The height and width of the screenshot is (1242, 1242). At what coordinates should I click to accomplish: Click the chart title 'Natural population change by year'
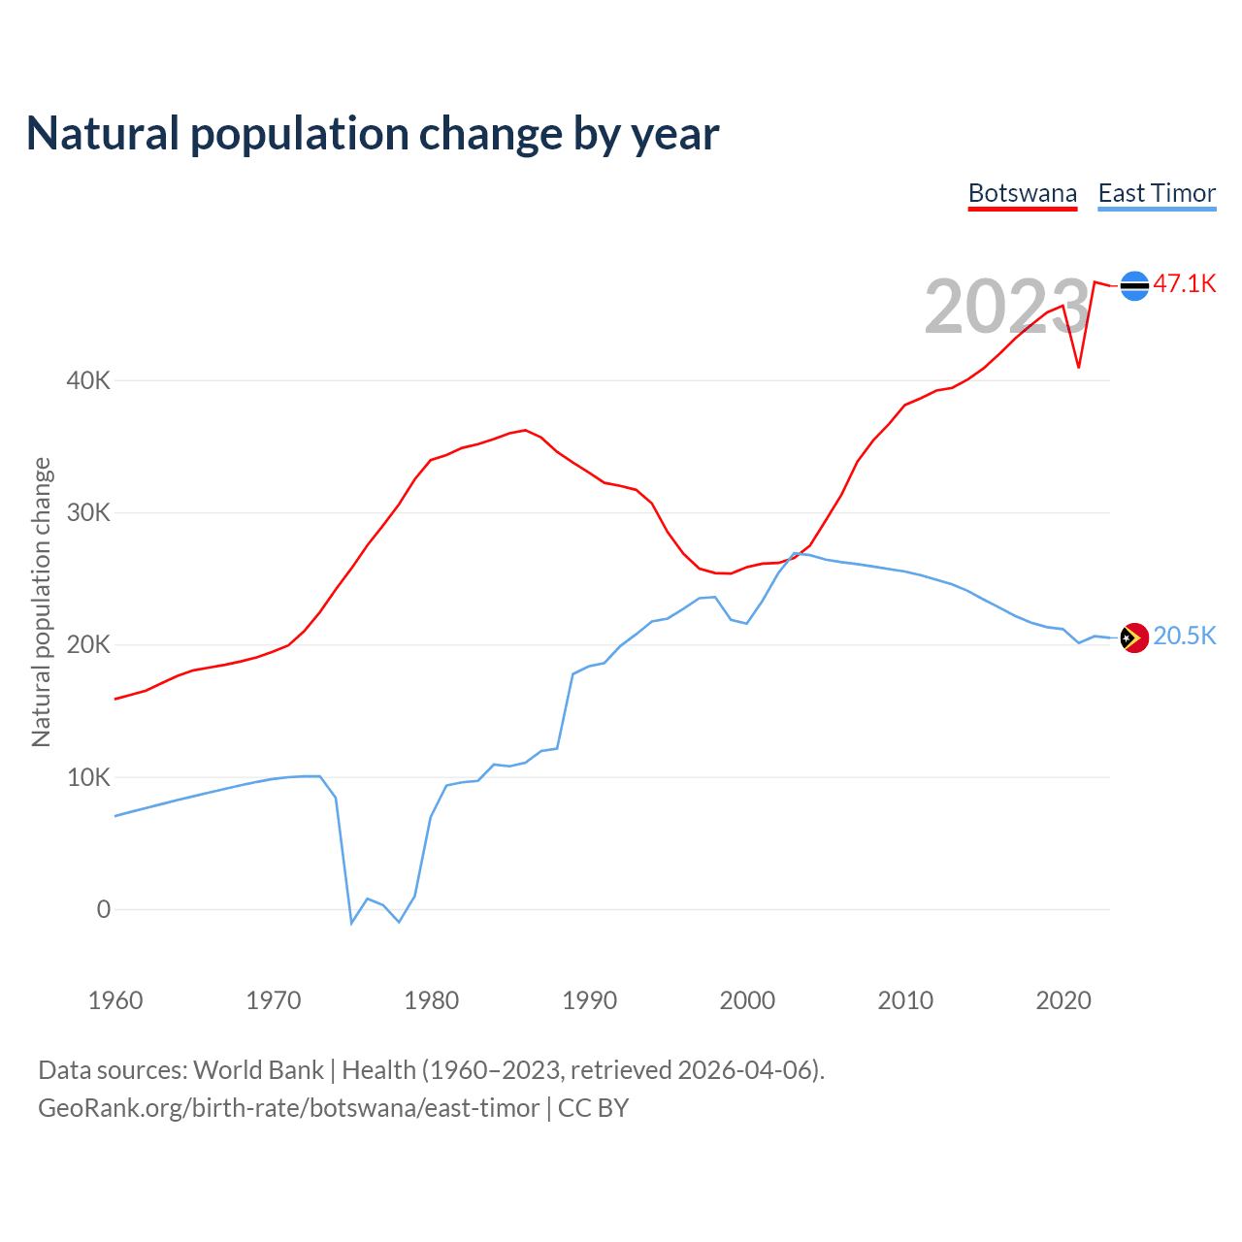click(373, 134)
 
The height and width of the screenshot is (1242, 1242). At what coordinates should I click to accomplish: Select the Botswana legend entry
click(1023, 193)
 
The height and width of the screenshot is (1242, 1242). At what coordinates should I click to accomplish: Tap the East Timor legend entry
click(1157, 193)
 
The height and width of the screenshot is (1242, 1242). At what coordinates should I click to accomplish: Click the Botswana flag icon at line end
click(1134, 286)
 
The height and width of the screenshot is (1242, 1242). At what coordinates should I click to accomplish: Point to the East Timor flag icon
click(1134, 637)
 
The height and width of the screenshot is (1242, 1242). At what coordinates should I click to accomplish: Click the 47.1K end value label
click(1185, 283)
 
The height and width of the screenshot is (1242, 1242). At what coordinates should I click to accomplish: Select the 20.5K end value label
click(1185, 636)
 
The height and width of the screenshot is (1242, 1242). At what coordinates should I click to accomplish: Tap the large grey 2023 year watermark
click(1007, 307)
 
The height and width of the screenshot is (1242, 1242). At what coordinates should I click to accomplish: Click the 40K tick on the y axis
click(88, 380)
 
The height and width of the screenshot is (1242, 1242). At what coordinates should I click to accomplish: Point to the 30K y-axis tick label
click(88, 512)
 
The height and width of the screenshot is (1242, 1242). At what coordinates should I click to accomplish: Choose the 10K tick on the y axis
click(88, 777)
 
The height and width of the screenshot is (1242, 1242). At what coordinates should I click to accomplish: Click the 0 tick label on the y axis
click(103, 909)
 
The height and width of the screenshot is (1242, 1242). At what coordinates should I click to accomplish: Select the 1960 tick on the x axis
click(115, 1000)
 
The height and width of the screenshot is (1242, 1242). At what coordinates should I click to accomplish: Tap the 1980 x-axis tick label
click(432, 1000)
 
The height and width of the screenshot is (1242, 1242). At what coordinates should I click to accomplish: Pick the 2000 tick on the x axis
click(747, 1000)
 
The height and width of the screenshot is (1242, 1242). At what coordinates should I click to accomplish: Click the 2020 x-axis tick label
click(1063, 1000)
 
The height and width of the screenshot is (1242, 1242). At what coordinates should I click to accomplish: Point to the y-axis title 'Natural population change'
click(41, 603)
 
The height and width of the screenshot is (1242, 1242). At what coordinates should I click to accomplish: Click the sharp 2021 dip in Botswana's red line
click(1078, 367)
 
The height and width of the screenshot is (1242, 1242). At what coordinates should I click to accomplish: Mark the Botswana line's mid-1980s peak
click(525, 430)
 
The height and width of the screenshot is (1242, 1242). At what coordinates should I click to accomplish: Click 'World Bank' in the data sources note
click(258, 1070)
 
